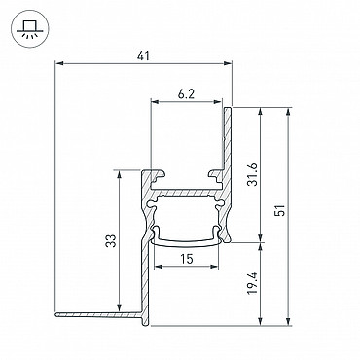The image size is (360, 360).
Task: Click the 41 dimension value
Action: [143, 55]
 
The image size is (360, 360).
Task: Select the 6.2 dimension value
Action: [186, 94]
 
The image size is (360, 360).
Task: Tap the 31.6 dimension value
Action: [252, 174]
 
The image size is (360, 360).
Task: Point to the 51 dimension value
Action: [280, 210]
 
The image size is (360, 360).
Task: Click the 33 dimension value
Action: [110, 240]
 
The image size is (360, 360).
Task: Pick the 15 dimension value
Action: [187, 259]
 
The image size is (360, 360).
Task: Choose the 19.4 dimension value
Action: [252, 283]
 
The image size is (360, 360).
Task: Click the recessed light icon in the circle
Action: [30, 29]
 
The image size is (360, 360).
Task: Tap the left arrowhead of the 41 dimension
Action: [58, 63]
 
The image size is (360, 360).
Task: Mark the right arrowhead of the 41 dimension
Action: [229, 63]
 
